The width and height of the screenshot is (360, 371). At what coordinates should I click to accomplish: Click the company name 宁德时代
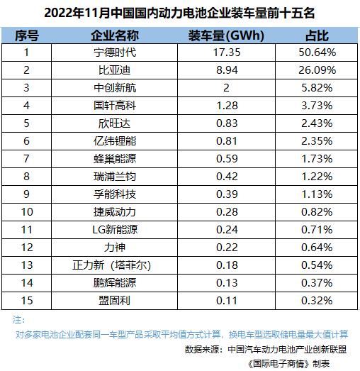[115, 52]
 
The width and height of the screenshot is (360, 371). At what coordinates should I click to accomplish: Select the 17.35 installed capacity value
[227, 52]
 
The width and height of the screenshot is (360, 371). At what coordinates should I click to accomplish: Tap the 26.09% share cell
[317, 70]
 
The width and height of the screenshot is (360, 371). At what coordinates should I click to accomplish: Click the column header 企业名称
[115, 35]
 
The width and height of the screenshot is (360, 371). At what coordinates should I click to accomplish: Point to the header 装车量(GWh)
[226, 36]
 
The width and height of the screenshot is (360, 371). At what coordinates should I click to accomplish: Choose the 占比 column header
[317, 35]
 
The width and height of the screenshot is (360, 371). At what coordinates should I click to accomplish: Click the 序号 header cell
[27, 35]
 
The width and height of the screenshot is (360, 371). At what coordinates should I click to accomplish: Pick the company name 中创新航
[115, 88]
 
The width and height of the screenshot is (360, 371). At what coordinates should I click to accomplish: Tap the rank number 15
[27, 301]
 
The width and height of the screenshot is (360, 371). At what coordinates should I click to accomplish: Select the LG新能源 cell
[115, 230]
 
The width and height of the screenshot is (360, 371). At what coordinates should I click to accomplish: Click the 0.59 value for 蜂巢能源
[227, 159]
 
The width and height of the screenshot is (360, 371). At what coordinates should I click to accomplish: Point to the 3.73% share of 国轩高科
[317, 106]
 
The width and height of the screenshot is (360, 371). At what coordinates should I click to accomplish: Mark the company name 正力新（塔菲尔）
[112, 265]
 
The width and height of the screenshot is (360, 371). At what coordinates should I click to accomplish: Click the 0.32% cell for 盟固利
[317, 301]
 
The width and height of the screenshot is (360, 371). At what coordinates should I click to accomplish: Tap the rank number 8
[26, 177]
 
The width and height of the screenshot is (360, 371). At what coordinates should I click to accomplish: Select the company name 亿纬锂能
[115, 141]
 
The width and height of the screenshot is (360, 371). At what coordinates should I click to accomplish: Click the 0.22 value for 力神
[227, 248]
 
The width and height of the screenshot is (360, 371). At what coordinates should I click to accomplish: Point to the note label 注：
[18, 320]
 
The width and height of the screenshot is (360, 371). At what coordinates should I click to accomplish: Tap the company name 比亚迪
[115, 70]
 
